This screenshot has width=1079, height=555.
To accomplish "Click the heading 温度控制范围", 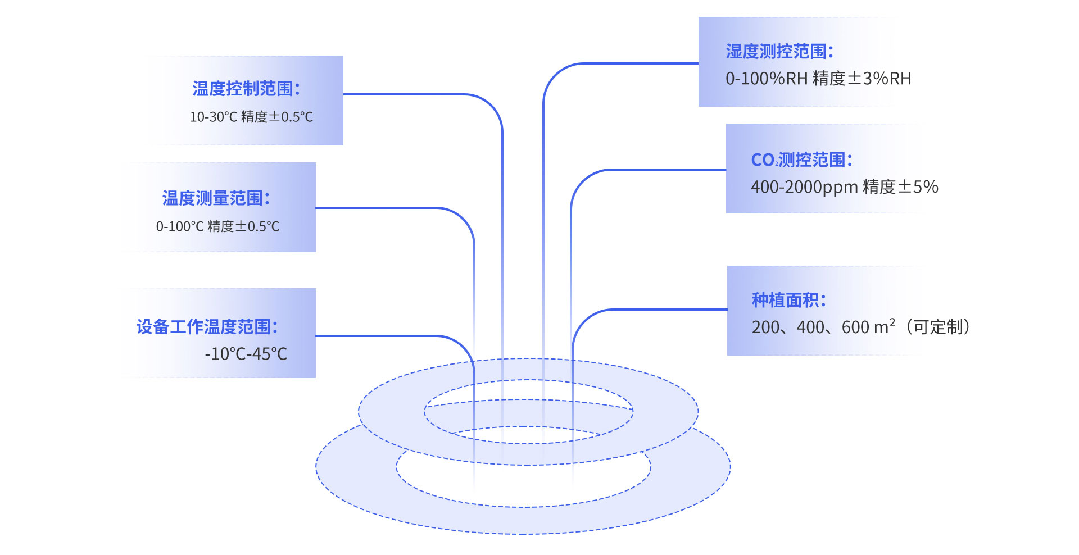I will pyautogui.click(x=246, y=89).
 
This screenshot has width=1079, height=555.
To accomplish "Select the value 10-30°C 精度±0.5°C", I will pyautogui.click(x=251, y=117).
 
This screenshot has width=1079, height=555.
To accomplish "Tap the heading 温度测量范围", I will pyautogui.click(x=216, y=198).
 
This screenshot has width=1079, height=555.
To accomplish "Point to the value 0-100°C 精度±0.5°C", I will pyautogui.click(x=217, y=226).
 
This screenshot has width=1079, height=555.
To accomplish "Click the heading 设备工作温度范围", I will pyautogui.click(x=207, y=327).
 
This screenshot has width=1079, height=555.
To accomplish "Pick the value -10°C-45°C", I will pyautogui.click(x=246, y=354).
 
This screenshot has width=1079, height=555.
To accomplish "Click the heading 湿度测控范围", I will pyautogui.click(x=779, y=52).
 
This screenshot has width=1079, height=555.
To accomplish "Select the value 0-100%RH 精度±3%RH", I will pyautogui.click(x=818, y=79).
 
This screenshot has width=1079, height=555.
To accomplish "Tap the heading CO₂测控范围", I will pyautogui.click(x=801, y=160).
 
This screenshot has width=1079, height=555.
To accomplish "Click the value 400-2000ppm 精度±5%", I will pyautogui.click(x=844, y=187).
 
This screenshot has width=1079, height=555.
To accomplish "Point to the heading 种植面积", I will pyautogui.click(x=788, y=301).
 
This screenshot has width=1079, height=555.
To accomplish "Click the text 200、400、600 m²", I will pyautogui.click(x=823, y=327).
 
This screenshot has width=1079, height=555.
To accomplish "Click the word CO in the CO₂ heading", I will pyautogui.click(x=763, y=160).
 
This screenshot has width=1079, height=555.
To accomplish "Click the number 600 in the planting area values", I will pyautogui.click(x=855, y=327).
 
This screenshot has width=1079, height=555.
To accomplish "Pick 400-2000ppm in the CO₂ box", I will pyautogui.click(x=804, y=187).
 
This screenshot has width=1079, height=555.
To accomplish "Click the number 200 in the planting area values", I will pyautogui.click(x=765, y=327).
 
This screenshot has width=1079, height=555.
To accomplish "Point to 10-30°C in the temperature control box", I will pyautogui.click(x=214, y=117).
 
